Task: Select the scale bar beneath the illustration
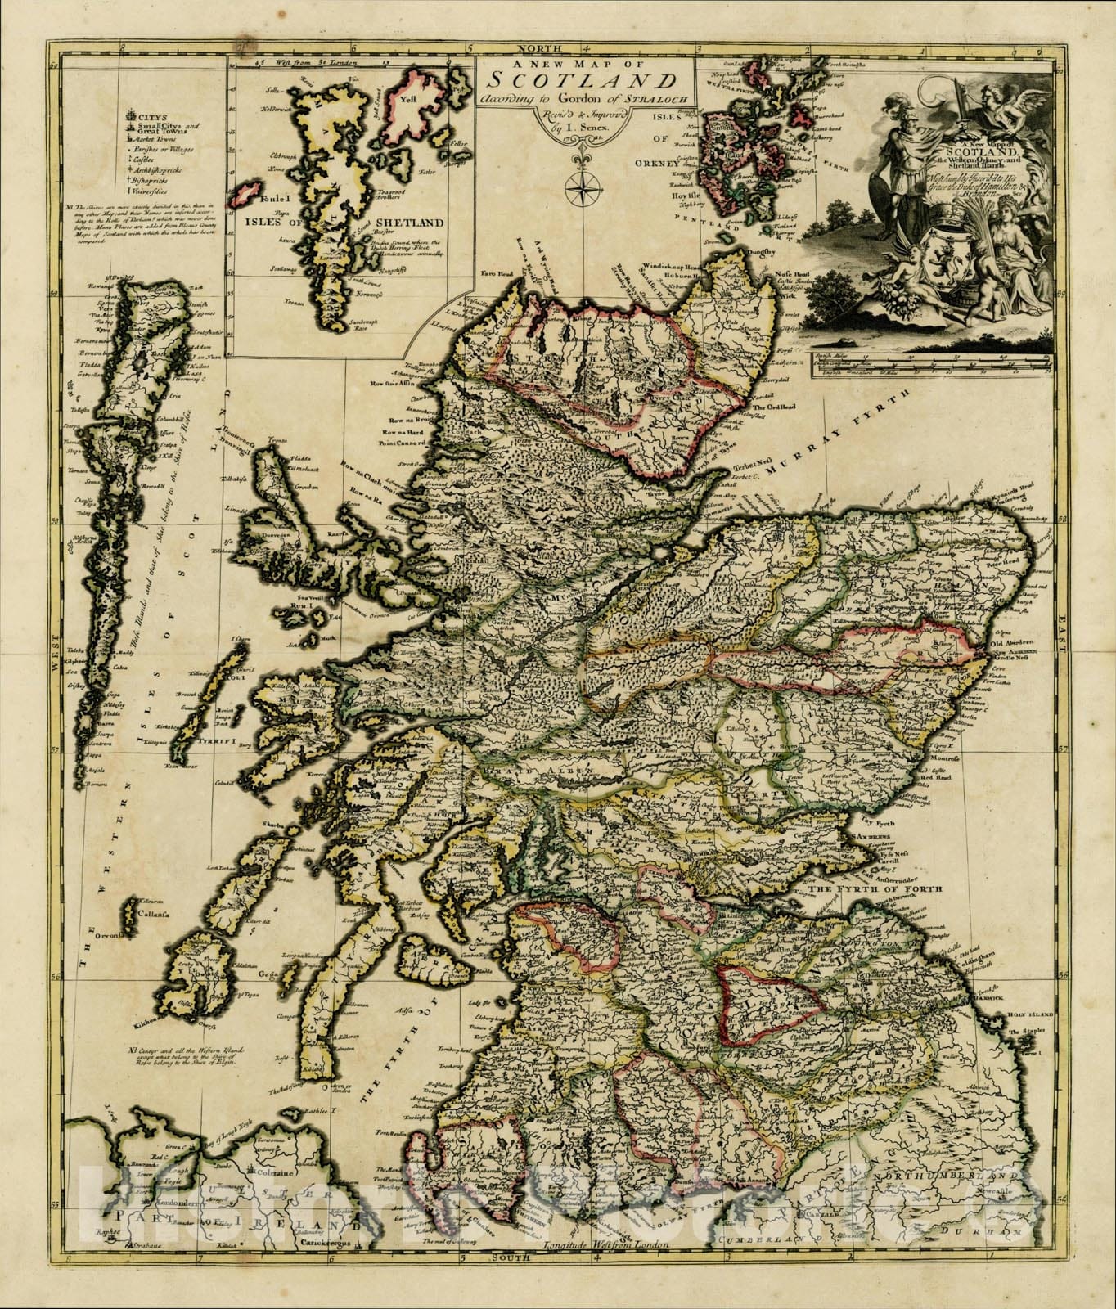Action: coord(934,364)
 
